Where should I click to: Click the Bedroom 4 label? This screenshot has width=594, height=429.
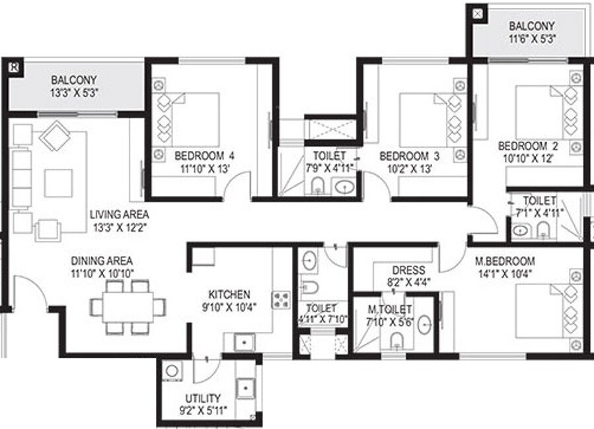point(204,156)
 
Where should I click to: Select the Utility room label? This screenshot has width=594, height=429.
point(204,399)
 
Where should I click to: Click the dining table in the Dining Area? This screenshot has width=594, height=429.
point(129,306)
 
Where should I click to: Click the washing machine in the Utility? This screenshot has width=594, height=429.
point(172,371)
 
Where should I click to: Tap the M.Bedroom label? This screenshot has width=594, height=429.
point(505,260)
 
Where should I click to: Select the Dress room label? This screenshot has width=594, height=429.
point(408,270)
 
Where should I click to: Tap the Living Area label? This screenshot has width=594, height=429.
point(119,214)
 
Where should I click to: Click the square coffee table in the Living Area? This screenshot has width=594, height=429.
point(59,182)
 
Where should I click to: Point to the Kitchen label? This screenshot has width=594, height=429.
point(229,294)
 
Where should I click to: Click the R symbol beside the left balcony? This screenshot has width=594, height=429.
point(14,66)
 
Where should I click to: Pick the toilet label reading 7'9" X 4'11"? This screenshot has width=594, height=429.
point(329,168)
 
